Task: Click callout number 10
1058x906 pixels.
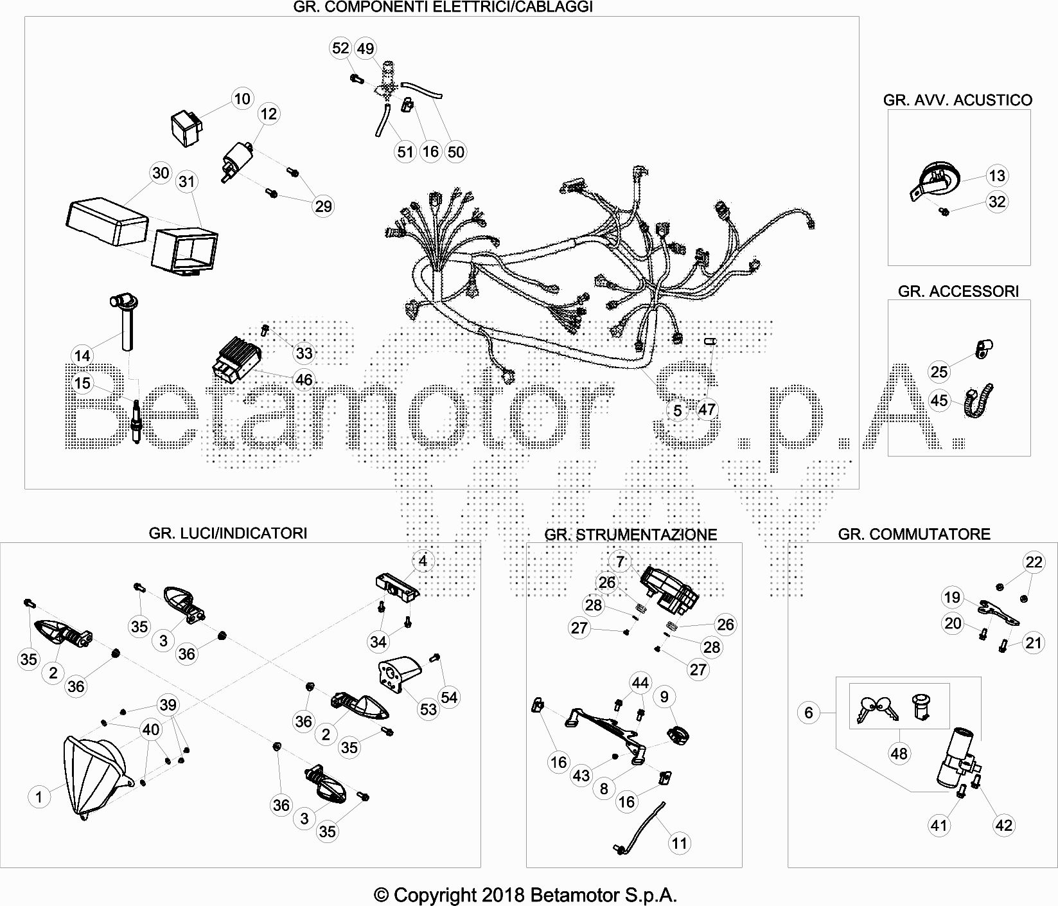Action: pos(242,98)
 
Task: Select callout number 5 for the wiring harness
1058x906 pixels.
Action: pos(678,410)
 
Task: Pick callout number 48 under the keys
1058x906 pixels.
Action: pos(899,753)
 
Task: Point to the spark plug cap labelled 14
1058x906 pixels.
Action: pos(124,321)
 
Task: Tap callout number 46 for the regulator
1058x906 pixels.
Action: pos(304,379)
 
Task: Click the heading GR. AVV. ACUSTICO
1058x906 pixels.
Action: pos(958,100)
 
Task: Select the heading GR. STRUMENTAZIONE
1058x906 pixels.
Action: pos(631,535)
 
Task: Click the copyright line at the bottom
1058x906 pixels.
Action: pos(525,895)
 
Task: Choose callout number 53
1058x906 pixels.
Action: pos(428,709)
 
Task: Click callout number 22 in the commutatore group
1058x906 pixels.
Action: pos(1034,563)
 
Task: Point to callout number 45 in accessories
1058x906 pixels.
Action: pos(939,400)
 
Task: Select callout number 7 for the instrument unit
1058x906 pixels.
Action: pos(620,562)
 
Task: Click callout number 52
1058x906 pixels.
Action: pos(340,48)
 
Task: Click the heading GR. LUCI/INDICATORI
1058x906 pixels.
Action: pos(228,533)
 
